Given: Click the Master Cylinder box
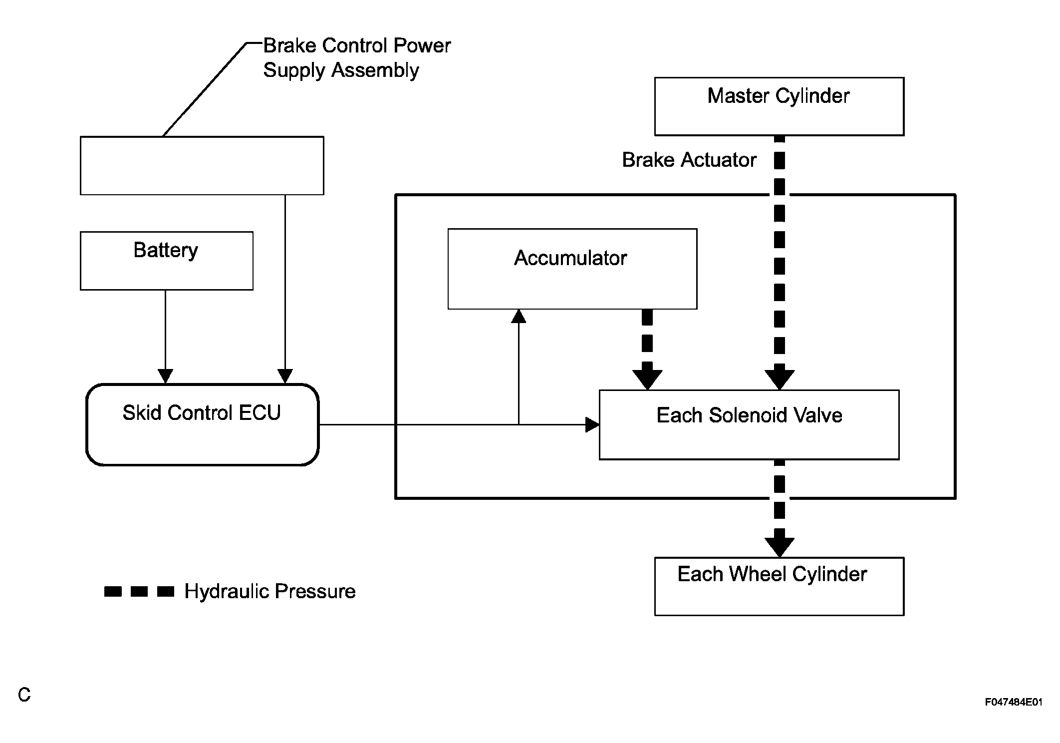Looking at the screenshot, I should pyautogui.click(x=779, y=106).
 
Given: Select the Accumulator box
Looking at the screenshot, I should pyautogui.click(x=572, y=269).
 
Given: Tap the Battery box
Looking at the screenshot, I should pyautogui.click(x=166, y=260).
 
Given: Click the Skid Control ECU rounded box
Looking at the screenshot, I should pyautogui.click(x=202, y=424).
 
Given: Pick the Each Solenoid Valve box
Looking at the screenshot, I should pyautogui.click(x=749, y=424).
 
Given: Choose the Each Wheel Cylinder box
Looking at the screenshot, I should pyautogui.click(x=779, y=586).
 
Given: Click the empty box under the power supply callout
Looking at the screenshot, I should pyautogui.click(x=202, y=165).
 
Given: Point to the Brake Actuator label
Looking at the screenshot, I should pyautogui.click(x=689, y=160).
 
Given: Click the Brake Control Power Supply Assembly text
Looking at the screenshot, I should pyautogui.click(x=356, y=58).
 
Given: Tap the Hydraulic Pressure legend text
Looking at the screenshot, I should pyautogui.click(x=269, y=591).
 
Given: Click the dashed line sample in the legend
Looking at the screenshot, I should pyautogui.click(x=139, y=592).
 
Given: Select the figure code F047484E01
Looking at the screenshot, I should pyautogui.click(x=1013, y=702).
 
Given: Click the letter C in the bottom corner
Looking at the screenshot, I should pyautogui.click(x=24, y=695).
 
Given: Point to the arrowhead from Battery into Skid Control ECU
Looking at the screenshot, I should pyautogui.click(x=165, y=376).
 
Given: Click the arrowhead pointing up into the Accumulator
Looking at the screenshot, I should pyautogui.click(x=519, y=316).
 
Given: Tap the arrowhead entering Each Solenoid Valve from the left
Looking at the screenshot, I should pyautogui.click(x=592, y=425).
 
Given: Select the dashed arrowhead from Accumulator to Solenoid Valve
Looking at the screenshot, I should pyautogui.click(x=647, y=379).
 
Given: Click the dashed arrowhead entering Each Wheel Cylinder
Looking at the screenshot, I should pyautogui.click(x=779, y=546).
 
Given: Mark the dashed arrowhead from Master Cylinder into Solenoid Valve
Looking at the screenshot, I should pyautogui.click(x=779, y=379).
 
